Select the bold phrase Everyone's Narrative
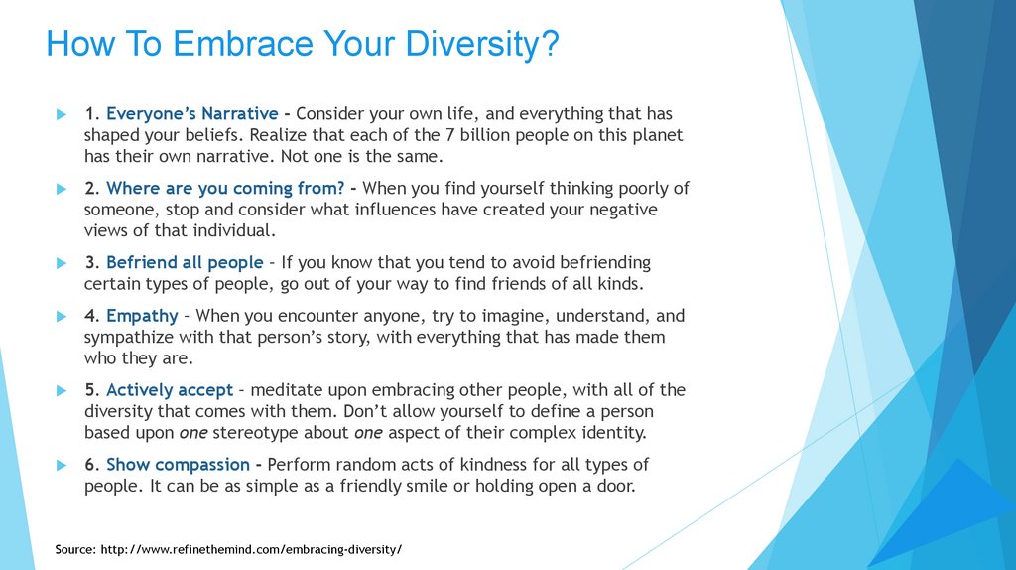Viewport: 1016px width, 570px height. (191, 113)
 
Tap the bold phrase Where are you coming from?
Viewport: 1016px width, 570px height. (225, 189)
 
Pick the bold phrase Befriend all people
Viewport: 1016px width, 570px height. (185, 262)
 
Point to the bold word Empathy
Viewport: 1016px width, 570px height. (142, 317)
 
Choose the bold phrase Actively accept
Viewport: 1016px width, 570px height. (169, 390)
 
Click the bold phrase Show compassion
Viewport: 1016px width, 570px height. (178, 465)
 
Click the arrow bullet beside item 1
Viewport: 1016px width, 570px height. (62, 115)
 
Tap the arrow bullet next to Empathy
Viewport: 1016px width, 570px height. (62, 317)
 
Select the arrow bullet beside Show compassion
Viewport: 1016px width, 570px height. (62, 465)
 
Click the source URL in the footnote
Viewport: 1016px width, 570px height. (251, 550)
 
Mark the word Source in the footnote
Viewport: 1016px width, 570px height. (75, 550)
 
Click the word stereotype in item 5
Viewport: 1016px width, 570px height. (256, 433)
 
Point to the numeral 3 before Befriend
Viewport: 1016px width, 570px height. (90, 262)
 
